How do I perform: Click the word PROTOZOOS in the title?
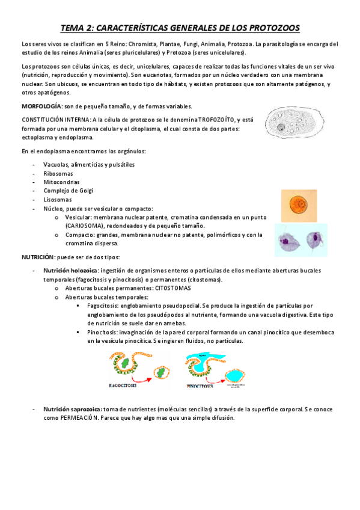point(268,28)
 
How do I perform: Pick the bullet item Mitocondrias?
point(61,182)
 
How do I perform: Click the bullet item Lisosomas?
point(58,200)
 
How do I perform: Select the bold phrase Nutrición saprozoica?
point(72,409)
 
